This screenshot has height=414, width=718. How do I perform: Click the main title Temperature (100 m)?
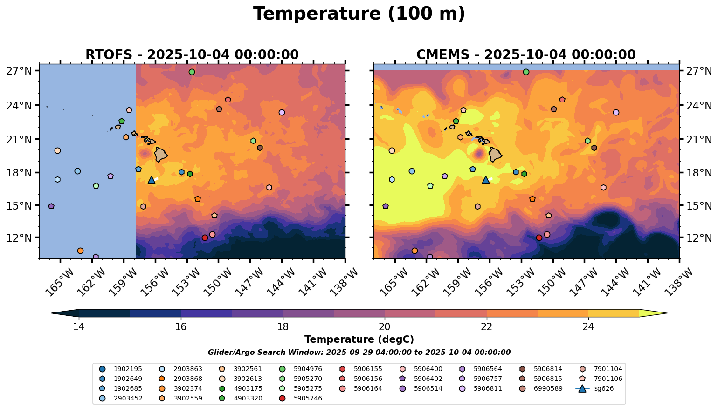tap(359, 14)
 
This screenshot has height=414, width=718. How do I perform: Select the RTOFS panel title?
tap(192, 55)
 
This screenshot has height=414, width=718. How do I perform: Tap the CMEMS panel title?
tap(526, 55)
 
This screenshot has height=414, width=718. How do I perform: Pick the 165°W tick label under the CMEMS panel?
tap(393, 281)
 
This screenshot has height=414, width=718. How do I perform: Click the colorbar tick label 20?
tap(385, 327)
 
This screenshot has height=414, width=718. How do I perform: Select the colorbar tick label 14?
tap(79, 327)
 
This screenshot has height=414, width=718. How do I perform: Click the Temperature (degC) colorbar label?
tap(359, 339)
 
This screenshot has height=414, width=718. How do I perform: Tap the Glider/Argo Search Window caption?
tap(359, 353)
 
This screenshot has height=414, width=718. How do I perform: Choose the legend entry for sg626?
tap(601, 388)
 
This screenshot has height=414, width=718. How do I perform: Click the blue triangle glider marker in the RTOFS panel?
tap(152, 180)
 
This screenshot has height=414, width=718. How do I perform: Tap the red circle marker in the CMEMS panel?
tap(539, 238)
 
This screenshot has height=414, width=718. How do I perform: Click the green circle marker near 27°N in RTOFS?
tap(192, 72)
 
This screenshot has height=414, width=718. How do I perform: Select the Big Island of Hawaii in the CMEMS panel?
tap(495, 154)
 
